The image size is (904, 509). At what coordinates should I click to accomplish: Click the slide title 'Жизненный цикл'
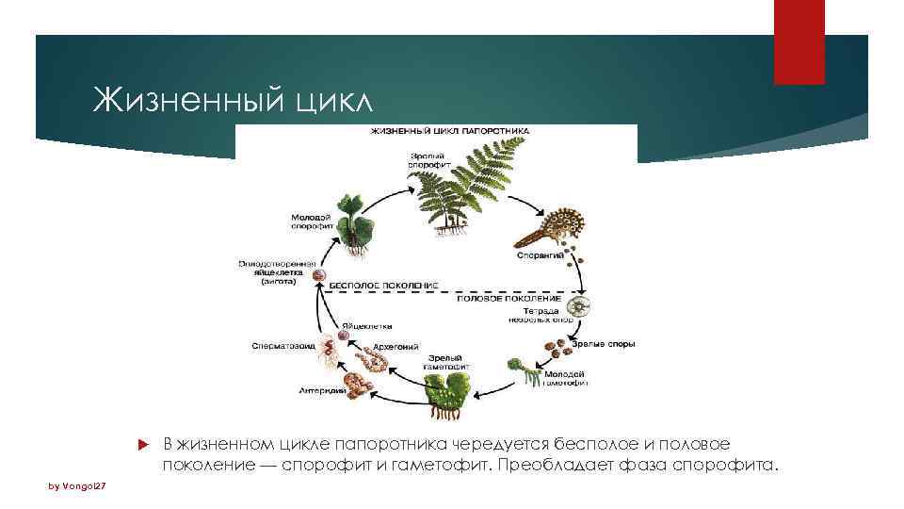[234, 98]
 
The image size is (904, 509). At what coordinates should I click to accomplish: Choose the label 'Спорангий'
[540, 255]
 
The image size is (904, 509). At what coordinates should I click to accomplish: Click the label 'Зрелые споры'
[609, 344]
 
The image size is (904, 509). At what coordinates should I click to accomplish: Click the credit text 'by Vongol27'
[80, 486]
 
